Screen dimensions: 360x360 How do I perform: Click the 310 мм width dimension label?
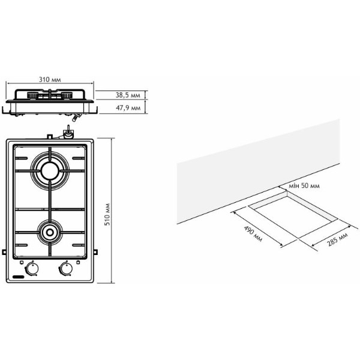(x=50, y=79)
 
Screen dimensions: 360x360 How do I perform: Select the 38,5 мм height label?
(x=128, y=95)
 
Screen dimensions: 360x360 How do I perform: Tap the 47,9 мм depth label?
(x=128, y=107)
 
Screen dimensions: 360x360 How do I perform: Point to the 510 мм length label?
(x=107, y=214)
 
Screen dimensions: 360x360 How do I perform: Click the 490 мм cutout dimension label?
(x=253, y=234)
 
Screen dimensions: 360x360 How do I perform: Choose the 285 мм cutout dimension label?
(x=337, y=239)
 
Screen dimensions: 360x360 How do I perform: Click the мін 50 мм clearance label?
(x=304, y=185)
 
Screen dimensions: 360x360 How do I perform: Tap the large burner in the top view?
(x=50, y=171)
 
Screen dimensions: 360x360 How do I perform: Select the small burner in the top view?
(x=50, y=232)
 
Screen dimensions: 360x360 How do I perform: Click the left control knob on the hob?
(x=32, y=268)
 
